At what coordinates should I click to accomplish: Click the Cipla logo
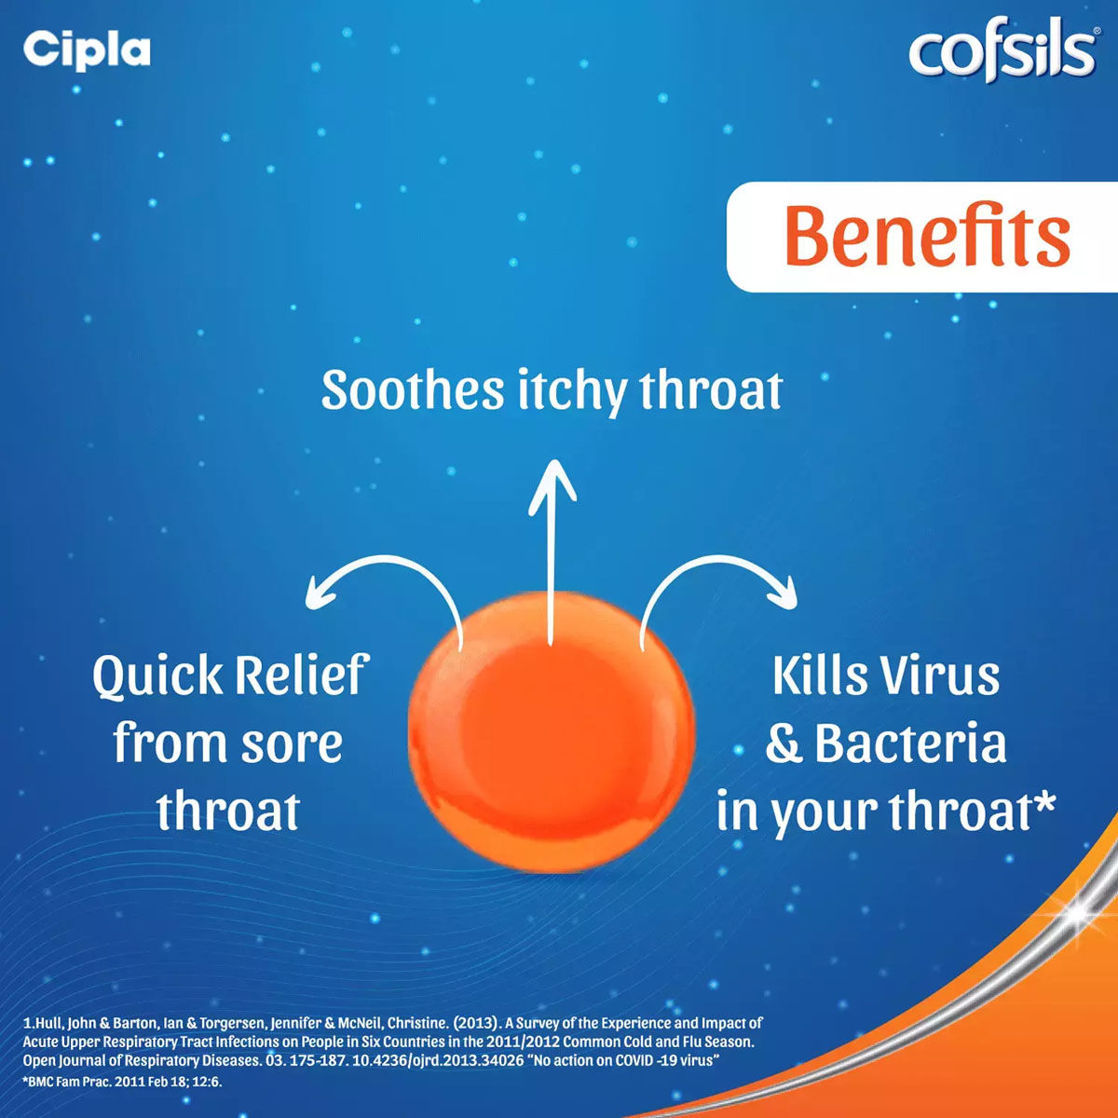pos(87,49)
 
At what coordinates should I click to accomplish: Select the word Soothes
pos(412,390)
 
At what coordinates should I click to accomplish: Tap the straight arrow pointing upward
pos(552,550)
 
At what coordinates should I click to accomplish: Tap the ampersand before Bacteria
pos(784,745)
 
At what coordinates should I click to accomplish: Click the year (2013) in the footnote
pos(473,1023)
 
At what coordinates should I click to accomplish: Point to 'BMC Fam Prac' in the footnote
pos(64,1082)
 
